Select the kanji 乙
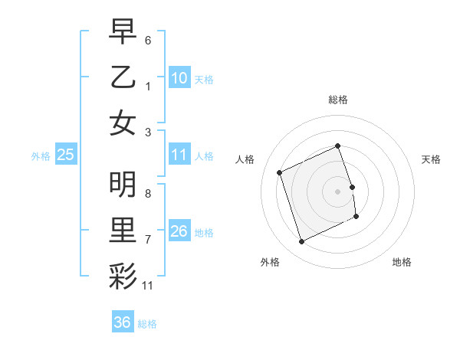[123, 77]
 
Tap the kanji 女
[123, 124]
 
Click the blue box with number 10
[179, 78]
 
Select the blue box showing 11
[179, 155]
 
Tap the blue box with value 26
[179, 231]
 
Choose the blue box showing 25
[66, 155]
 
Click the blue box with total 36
[122, 322]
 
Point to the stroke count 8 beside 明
[148, 193]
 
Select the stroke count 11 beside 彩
[148, 286]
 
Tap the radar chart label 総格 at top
[338, 100]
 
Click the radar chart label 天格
[432, 159]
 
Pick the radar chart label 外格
[270, 262]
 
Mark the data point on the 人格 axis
[280, 172]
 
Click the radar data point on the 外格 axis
[301, 242]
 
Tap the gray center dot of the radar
[338, 191]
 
